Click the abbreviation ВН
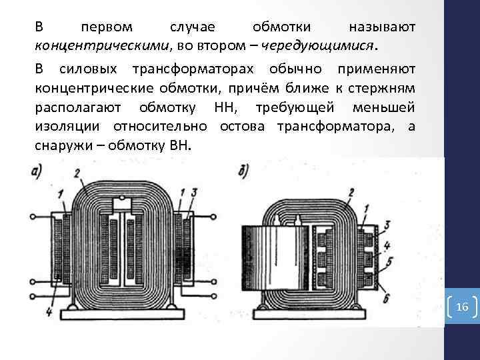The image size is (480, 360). click(178, 145)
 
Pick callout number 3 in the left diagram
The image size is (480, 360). click(193, 193)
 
